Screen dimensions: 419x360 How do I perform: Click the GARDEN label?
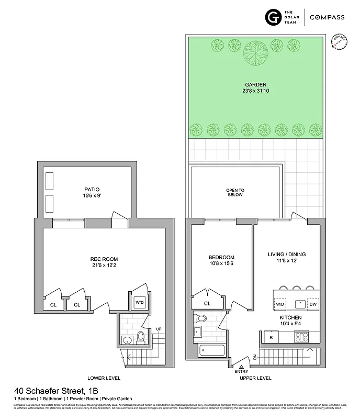[256, 84]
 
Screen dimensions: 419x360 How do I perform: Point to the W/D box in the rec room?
[140, 302]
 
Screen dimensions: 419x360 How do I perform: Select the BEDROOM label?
[221, 257]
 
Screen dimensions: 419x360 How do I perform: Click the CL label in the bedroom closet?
[207, 303]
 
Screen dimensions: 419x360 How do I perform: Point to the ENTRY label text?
[242, 371]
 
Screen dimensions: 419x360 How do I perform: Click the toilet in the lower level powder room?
[140, 337]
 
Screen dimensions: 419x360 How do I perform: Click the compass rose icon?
[339, 41]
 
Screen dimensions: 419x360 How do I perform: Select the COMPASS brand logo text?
[327, 17]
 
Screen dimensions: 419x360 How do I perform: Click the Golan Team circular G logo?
[273, 17]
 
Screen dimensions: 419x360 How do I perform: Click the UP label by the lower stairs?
[159, 329]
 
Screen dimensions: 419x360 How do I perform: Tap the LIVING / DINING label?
[287, 255]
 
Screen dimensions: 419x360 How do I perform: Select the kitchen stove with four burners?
[302, 337]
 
